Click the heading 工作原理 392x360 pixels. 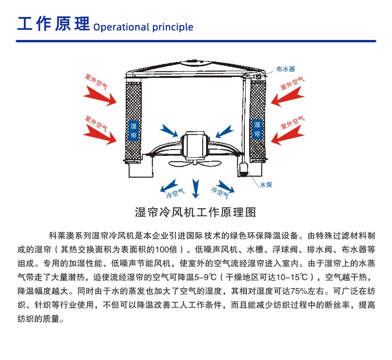click(53, 24)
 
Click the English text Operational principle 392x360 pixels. click(143, 27)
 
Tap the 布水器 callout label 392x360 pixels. click(285, 69)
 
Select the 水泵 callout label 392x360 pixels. click(266, 185)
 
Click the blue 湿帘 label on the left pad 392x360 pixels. click(133, 131)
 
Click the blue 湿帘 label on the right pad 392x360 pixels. click(257, 129)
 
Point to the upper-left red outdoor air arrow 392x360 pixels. click(100, 96)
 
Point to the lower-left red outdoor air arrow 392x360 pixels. click(100, 134)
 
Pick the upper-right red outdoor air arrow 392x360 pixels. click(288, 96)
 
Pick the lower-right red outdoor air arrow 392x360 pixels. click(288, 135)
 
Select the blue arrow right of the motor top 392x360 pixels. click(225, 131)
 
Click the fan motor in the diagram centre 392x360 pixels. click(195, 145)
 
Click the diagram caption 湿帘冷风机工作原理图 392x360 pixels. click(196, 212)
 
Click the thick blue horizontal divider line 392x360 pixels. click(196, 41)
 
